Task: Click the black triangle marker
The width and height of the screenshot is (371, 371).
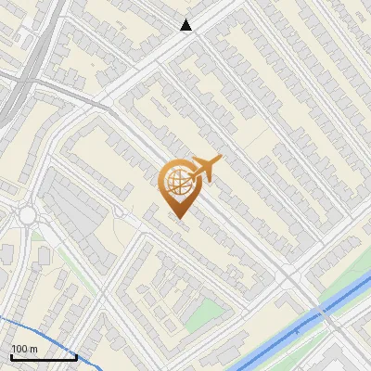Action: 186,25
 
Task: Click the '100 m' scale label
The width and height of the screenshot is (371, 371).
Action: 25,349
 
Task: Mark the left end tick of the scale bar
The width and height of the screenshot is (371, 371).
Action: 12,356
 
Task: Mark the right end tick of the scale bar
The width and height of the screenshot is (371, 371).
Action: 76,356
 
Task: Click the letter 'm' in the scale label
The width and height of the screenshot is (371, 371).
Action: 34,349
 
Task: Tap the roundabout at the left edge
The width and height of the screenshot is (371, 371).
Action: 26,215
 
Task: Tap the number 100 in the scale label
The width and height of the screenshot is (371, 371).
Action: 19,349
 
